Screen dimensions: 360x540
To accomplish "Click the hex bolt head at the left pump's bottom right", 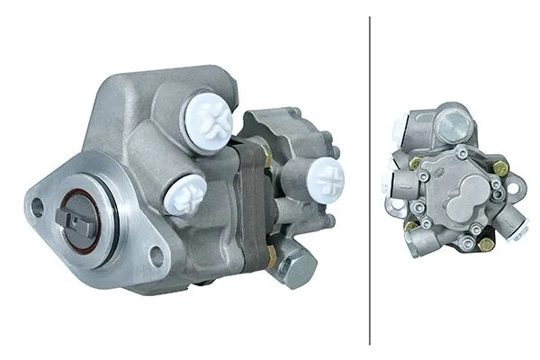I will [x=297, y=267].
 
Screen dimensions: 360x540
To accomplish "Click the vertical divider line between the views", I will [x=370, y=180].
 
